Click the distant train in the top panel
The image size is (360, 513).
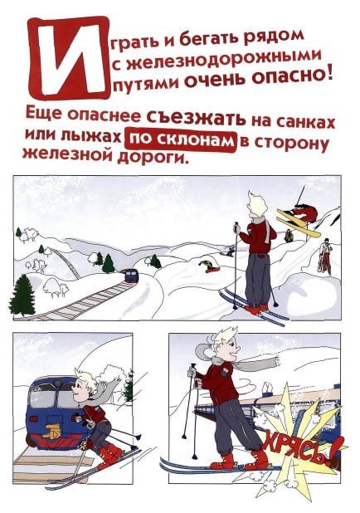click(129, 275)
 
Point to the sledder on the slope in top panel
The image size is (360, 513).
click(207, 266)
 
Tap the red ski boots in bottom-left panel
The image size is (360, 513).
click(109, 455)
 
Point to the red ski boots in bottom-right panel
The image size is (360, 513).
click(241, 460)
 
